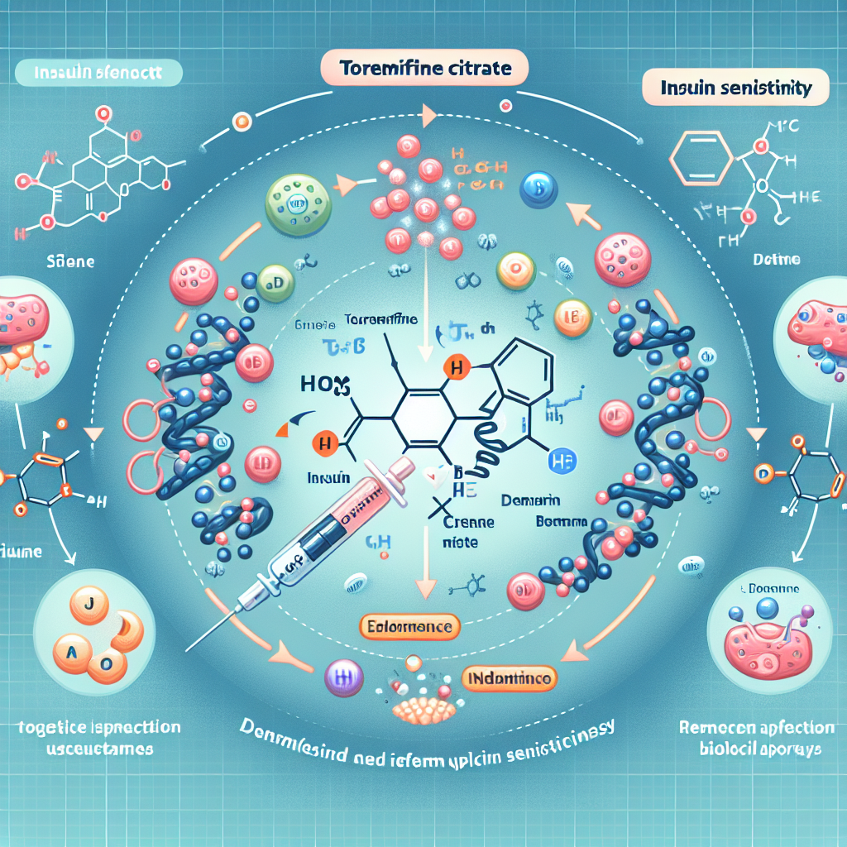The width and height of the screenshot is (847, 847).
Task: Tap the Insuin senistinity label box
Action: [x=735, y=87]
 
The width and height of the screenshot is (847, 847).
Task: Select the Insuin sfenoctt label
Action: [x=97, y=72]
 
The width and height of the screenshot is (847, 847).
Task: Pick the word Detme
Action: [x=775, y=260]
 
